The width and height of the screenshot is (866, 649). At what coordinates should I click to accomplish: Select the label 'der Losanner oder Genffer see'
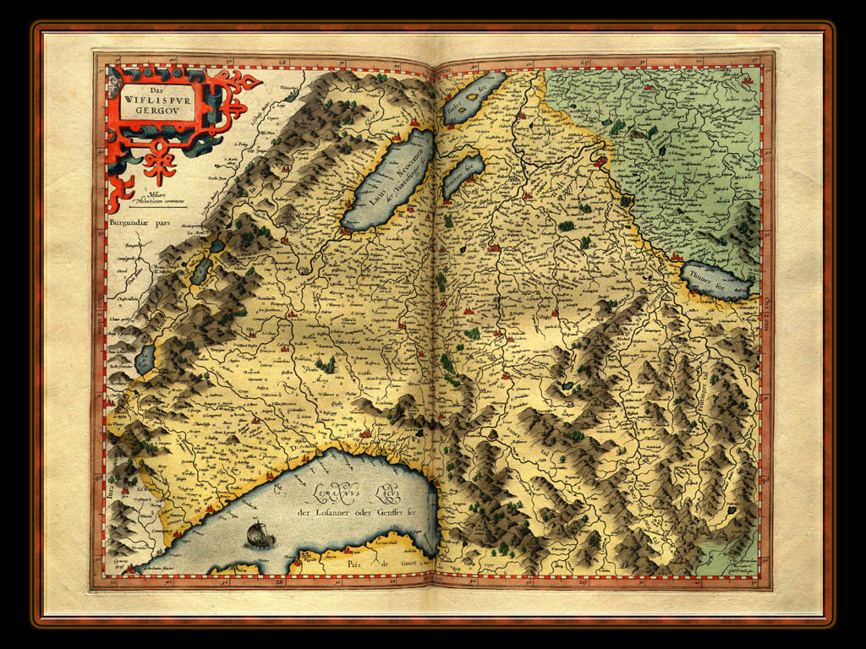click(354, 510)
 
